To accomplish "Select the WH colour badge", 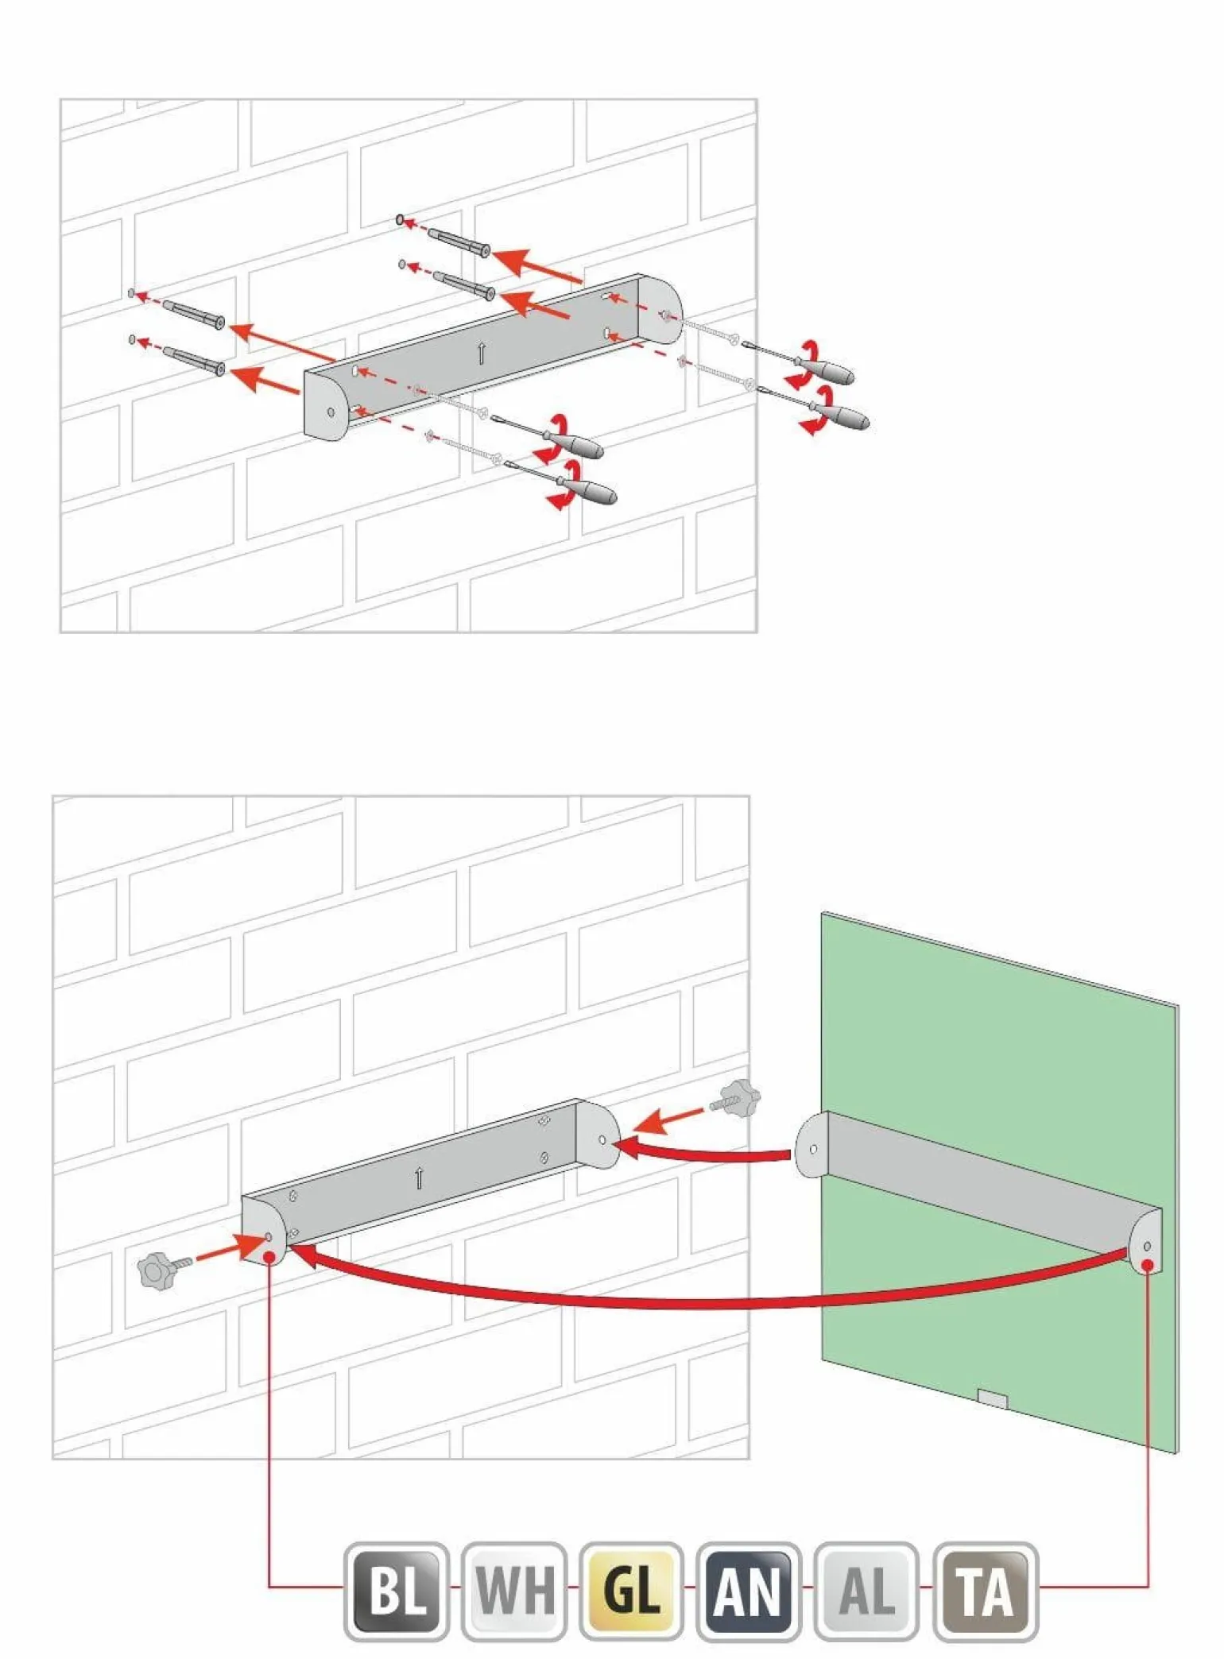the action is [x=514, y=1590].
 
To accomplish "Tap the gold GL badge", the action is [x=632, y=1590].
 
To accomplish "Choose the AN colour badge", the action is [x=749, y=1590].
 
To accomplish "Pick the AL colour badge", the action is [x=866, y=1590].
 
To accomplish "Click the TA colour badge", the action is [x=986, y=1590].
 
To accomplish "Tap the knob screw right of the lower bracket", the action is [x=736, y=1100].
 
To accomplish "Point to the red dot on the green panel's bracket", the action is [x=1147, y=1263].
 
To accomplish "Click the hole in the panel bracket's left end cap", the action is [x=813, y=1149].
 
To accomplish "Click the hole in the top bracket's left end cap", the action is [x=331, y=412].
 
